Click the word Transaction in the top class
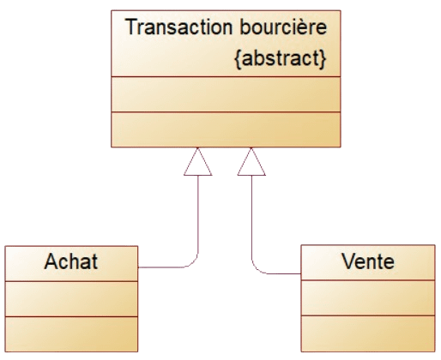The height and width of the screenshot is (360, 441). tap(178, 27)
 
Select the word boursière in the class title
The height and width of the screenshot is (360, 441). tap(283, 27)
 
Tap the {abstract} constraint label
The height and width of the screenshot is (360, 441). tap(281, 58)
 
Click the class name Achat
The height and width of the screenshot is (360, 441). tap(71, 261)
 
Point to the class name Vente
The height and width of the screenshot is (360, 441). tap(368, 261)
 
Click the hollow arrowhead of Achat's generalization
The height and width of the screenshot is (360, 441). tap(197, 162)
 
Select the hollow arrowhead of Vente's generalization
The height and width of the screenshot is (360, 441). tap(251, 162)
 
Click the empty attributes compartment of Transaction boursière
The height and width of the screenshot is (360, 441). tap(226, 94)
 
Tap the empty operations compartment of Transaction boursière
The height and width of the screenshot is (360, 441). tap(226, 129)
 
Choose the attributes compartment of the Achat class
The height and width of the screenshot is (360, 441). tap(71, 299)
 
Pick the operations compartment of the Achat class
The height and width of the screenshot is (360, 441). tap(71, 334)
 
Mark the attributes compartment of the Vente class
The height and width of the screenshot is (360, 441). tap(368, 298)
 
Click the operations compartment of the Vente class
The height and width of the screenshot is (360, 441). tap(368, 333)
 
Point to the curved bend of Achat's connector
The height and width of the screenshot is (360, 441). tap(194, 263)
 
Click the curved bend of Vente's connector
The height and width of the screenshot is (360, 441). tap(256, 269)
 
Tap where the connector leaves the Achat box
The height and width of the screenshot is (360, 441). tap(138, 267)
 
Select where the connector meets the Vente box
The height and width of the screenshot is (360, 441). tap(301, 273)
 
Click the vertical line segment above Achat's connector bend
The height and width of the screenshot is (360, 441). tap(198, 214)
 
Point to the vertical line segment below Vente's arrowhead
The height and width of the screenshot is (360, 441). tap(251, 217)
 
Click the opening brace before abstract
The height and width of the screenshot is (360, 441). tap(238, 59)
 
